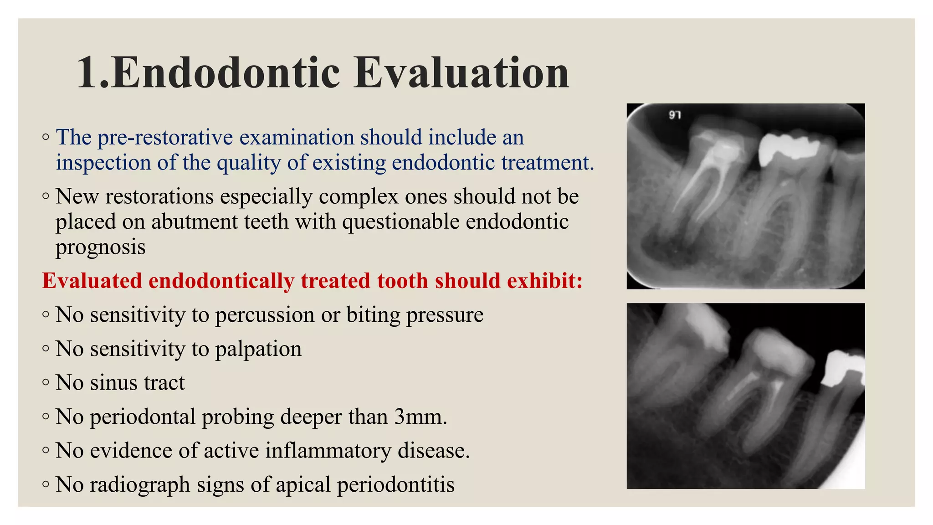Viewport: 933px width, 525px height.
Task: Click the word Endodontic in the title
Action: click(226, 73)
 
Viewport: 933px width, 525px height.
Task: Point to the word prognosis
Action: click(101, 247)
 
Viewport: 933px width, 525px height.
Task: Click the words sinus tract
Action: click(137, 383)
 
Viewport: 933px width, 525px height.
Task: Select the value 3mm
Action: click(420, 417)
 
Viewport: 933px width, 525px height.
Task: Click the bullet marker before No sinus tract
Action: click(46, 382)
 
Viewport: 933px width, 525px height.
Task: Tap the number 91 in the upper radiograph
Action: click(675, 115)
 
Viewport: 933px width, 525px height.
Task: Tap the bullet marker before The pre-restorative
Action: click(46, 137)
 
